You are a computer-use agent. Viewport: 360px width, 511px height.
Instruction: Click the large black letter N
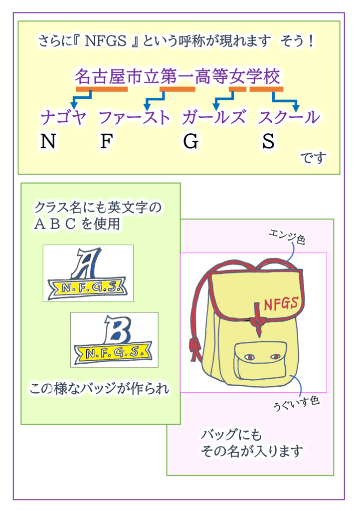[48, 141]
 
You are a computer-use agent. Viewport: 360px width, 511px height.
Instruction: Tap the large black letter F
[106, 141]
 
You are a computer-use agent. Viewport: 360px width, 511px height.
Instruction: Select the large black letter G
[191, 141]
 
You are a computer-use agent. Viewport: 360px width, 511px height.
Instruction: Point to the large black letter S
[269, 141]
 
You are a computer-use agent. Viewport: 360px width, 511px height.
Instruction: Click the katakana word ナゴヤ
[63, 117]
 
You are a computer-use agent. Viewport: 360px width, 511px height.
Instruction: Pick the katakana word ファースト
[134, 117]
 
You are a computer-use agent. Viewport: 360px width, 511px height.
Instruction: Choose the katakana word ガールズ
[214, 117]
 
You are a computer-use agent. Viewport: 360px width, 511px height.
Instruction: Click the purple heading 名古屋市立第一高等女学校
[178, 76]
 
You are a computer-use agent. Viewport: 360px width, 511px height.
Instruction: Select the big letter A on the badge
[87, 263]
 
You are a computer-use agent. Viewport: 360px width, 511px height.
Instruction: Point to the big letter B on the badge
[118, 330]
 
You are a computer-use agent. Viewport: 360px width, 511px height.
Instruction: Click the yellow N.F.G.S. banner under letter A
[87, 288]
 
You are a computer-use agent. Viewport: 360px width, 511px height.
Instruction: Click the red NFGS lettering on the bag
[281, 304]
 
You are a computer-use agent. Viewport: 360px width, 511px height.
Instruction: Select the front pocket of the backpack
[261, 361]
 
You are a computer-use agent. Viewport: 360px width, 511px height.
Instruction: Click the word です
[313, 158]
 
